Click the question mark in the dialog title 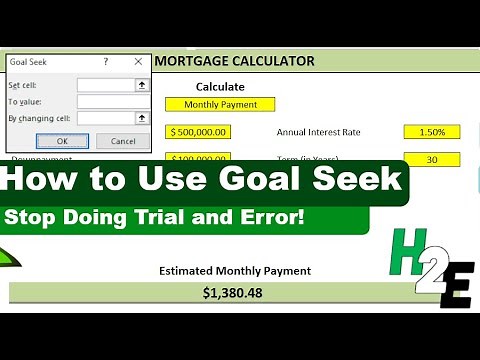coord(106,62)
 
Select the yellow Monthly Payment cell coord(220,104)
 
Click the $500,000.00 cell coord(199,132)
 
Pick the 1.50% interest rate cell coord(432,132)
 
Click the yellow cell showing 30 coord(432,160)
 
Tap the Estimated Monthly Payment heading coord(235,271)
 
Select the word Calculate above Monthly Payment coord(220,87)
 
